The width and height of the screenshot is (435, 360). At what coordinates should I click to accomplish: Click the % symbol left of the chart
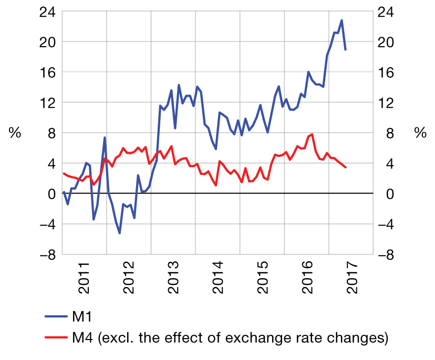15,133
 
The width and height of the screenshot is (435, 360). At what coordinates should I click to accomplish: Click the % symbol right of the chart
420,133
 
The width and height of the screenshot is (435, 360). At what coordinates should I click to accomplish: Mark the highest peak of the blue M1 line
341,20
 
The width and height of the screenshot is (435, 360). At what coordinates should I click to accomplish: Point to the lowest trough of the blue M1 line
120,232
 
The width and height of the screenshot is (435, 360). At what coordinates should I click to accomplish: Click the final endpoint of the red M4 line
345,167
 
